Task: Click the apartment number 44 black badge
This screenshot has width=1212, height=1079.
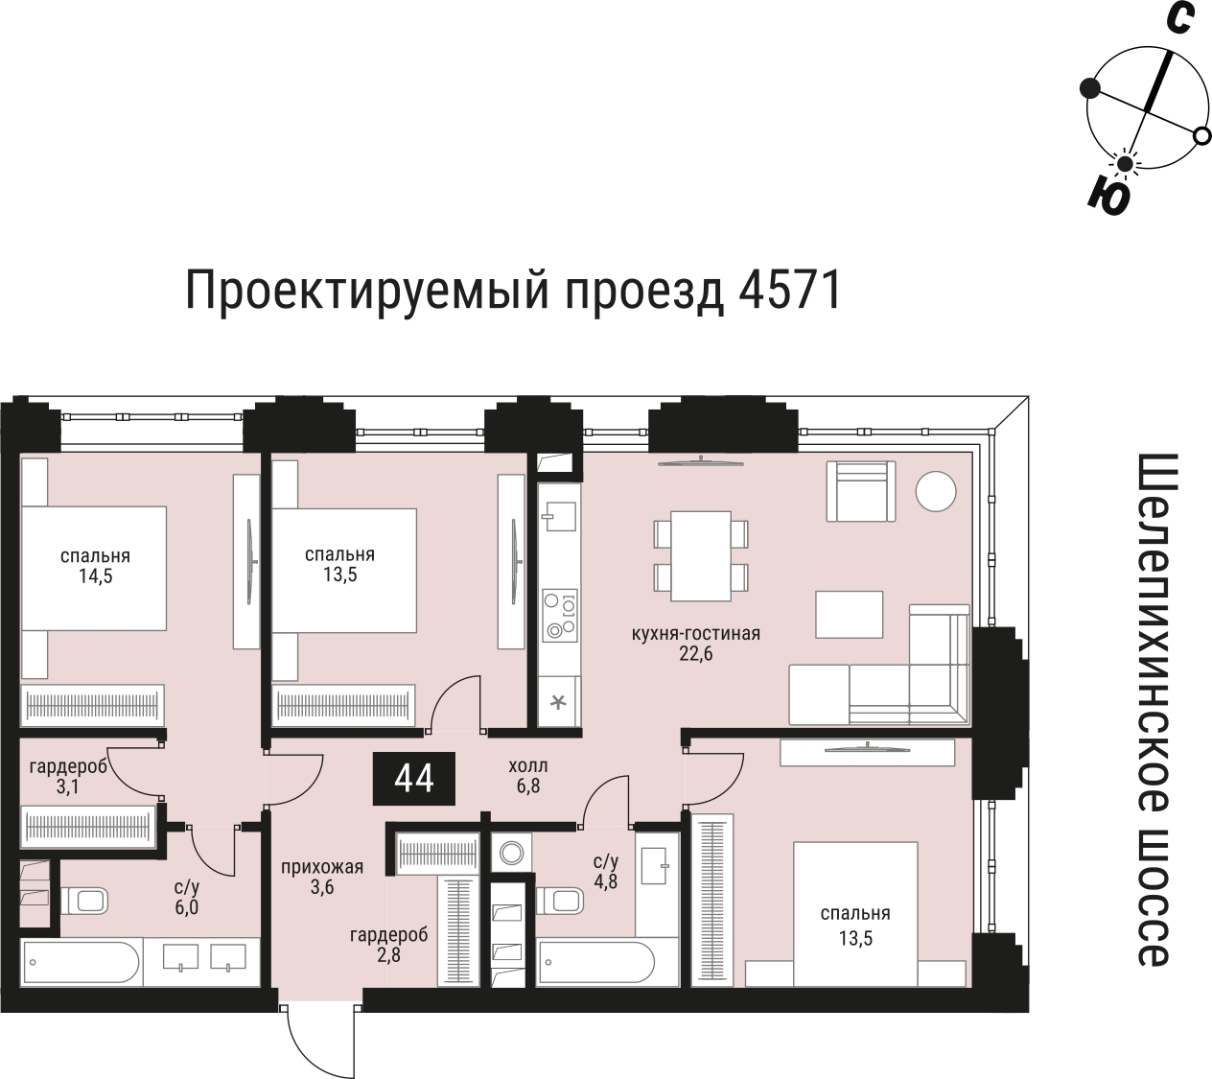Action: click(414, 779)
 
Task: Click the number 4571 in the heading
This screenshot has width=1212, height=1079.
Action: click(790, 290)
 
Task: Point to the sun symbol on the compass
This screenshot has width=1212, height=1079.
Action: click(1124, 164)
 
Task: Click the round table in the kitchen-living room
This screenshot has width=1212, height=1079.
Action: click(935, 492)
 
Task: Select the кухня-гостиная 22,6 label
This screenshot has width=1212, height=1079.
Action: click(695, 644)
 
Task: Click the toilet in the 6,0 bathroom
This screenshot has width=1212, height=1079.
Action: click(86, 900)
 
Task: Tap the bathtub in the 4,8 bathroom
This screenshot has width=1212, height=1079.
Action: click(596, 961)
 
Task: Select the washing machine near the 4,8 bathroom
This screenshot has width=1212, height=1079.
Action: click(512, 852)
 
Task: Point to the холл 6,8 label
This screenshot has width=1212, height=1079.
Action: click(528, 776)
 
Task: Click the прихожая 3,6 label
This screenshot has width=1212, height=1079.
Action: click(321, 878)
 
